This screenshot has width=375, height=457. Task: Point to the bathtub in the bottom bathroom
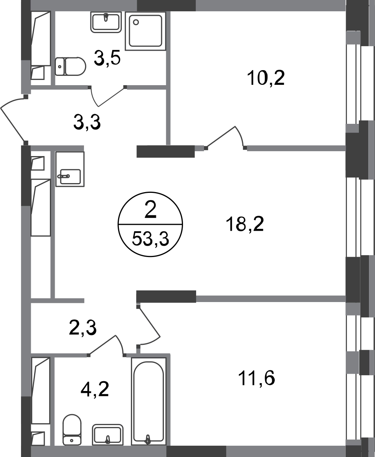click(x=148, y=401)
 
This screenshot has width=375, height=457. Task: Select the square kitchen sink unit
click(x=71, y=169)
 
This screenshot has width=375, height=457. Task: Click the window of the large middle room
click(x=354, y=218)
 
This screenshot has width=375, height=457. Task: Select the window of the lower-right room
click(x=354, y=375)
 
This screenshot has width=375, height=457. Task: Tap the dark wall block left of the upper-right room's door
click(x=165, y=152)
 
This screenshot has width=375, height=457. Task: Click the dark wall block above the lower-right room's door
click(x=166, y=296)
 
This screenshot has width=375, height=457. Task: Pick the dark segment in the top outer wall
click(x=166, y=6)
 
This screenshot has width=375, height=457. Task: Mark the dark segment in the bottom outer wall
click(x=196, y=451)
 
